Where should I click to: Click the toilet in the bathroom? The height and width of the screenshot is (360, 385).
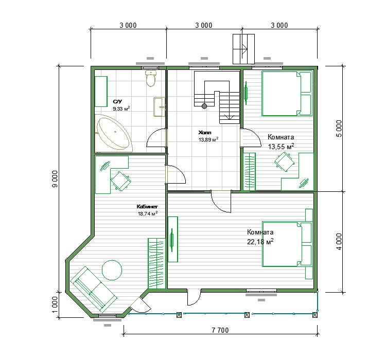point(151,78)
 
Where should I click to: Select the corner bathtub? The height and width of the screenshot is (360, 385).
point(114,133)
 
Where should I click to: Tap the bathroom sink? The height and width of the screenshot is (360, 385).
point(160,107)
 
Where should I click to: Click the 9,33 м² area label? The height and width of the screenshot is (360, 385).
point(121,109)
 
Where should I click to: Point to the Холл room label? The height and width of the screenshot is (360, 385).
point(205,133)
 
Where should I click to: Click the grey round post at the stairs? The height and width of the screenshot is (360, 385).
point(204,106)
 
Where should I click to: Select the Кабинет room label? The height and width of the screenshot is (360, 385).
point(147,207)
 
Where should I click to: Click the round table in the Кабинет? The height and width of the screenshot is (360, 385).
point(112,270)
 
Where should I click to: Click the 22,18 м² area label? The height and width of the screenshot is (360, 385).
point(260,242)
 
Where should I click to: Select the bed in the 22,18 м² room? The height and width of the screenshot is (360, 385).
point(287,244)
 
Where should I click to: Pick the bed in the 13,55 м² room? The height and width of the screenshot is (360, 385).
point(287,93)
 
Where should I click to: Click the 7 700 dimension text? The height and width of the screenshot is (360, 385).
point(220,330)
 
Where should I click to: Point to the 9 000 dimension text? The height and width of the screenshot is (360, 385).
point(55,179)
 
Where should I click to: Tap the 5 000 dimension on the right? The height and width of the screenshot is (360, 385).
point(339,129)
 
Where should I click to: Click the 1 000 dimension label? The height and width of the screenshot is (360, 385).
point(55,304)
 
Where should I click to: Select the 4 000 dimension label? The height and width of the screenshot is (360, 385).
point(339,242)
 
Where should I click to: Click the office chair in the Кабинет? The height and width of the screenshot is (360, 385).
point(120,181)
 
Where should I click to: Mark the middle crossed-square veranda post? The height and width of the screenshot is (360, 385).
point(247,315)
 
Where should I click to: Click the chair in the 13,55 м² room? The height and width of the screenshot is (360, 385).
point(284,161)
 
